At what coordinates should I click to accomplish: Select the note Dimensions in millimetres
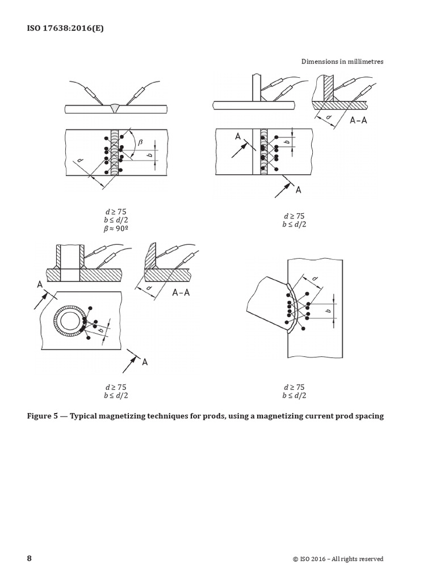pyautogui.click(x=342, y=61)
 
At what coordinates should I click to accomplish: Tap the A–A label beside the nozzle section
pyautogui.click(x=183, y=293)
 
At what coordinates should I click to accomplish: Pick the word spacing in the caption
pyautogui.click(x=367, y=416)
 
